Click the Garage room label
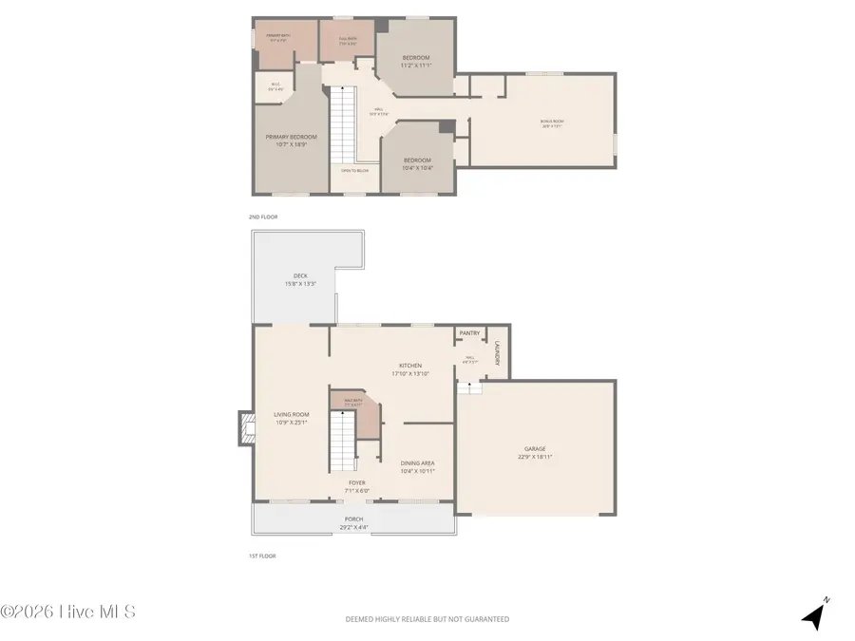point(537,453)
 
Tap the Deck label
point(300,280)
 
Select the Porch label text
point(353,521)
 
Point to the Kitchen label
point(410,369)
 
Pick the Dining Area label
point(417,466)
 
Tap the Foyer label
point(356,487)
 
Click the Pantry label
point(469,333)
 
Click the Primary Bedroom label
point(291,141)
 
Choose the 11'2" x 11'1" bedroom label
point(415,62)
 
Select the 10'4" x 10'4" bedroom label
point(417,163)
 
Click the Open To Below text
point(355,171)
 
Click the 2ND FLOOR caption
point(263,217)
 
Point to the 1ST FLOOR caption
point(263,556)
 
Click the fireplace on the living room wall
point(247,429)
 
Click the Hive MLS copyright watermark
point(67,612)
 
